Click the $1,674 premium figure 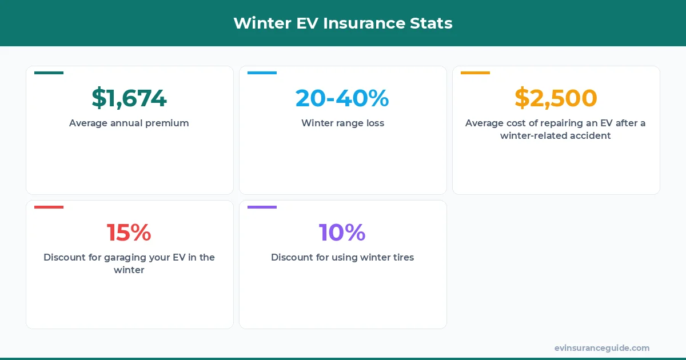[x=129, y=98]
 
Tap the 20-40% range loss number [x=342, y=98]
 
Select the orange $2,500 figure [x=556, y=98]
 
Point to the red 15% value [x=129, y=233]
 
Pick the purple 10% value [x=342, y=233]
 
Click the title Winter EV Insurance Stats [x=343, y=23]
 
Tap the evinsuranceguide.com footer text [x=602, y=348]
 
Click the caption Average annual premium [x=129, y=123]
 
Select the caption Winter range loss [x=342, y=123]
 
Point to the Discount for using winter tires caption [x=342, y=257]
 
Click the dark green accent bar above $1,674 [x=49, y=73]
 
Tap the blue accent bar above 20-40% [x=262, y=73]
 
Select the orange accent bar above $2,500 [x=475, y=73]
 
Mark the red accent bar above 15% [x=49, y=207]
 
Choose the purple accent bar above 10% [x=262, y=207]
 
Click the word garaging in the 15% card [x=125, y=258]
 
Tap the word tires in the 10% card [x=401, y=257]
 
